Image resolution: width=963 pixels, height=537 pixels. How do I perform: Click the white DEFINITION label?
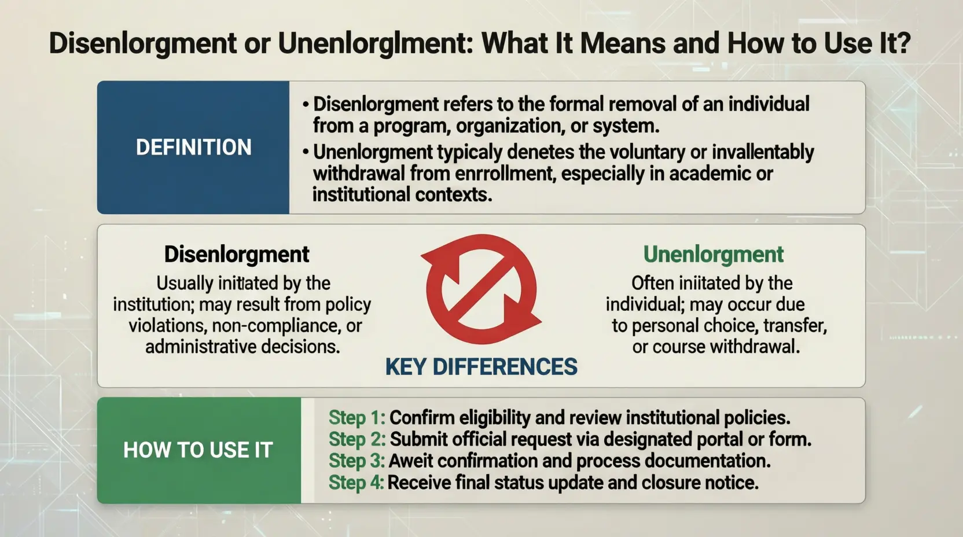193,148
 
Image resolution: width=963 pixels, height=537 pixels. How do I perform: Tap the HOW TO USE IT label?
198,450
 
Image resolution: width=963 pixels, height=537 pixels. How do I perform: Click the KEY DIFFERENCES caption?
481,367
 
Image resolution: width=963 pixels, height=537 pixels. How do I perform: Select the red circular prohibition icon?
481,289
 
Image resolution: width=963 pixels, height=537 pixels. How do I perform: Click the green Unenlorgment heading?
713,254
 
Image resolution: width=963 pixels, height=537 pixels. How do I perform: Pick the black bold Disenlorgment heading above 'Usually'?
237,254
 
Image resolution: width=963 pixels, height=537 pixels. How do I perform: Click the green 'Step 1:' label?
356,417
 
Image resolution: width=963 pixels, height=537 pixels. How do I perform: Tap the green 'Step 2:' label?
356,439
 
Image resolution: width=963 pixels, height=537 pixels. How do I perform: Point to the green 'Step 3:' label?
356,461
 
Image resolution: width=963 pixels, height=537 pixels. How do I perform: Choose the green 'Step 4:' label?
356,482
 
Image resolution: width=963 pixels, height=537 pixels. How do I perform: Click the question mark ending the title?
903,43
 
